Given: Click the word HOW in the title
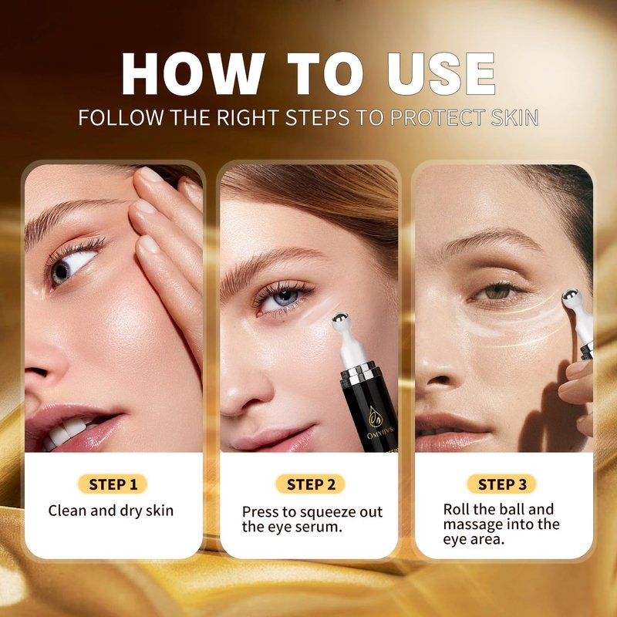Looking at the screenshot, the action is [x=192, y=74].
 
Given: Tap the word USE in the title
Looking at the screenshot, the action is [x=441, y=74].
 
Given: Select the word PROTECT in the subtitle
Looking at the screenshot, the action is [x=437, y=118].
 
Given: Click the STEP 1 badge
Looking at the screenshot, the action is [x=113, y=484].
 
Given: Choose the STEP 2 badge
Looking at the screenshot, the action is [x=311, y=484].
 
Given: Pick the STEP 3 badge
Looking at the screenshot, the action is [x=502, y=484].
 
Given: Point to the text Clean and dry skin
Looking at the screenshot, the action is [x=111, y=511].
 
